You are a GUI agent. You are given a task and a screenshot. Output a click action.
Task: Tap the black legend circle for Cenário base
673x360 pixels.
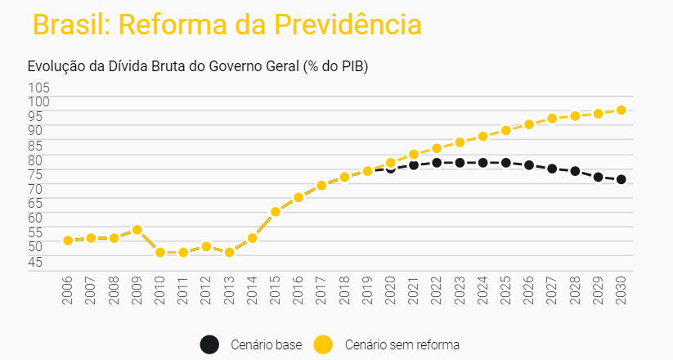tap(210, 344)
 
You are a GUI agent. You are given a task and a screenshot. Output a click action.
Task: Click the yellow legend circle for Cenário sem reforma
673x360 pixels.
tap(325, 344)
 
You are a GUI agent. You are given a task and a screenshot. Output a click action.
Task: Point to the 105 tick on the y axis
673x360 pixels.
tap(39, 88)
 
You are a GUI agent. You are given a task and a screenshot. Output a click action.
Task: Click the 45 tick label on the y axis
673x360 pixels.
tap(39, 262)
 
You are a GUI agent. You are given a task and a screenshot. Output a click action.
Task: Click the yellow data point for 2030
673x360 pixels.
tap(621, 110)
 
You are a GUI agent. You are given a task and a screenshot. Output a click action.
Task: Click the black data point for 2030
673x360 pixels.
tap(621, 180)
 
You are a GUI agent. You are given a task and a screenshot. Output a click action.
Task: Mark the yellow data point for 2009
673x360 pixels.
tap(137, 230)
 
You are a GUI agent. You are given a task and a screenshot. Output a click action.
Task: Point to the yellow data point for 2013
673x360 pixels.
tap(230, 252)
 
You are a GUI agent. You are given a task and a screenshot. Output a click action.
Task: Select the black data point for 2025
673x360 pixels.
tap(506, 163)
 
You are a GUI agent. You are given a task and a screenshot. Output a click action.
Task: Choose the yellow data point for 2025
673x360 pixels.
tap(506, 130)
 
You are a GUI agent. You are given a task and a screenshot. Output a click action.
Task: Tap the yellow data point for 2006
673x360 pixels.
tap(68, 241)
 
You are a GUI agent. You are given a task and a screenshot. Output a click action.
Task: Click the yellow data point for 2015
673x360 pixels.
tap(276, 212)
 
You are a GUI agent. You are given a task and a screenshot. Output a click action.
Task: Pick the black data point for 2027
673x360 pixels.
tap(552, 169)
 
